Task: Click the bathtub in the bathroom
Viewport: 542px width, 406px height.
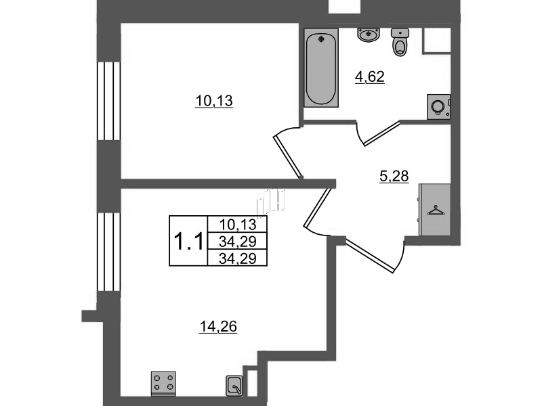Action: pos(321,68)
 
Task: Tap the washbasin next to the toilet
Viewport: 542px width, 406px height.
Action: pos(369,35)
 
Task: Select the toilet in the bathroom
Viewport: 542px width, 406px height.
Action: pos(400,42)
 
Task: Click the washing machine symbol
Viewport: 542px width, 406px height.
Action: pos(438,107)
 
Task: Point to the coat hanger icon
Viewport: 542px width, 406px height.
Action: pos(436,210)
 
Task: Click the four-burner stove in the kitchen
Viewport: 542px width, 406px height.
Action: pos(163,383)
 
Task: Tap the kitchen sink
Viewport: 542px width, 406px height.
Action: pos(234,385)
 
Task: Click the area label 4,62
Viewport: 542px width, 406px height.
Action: pos(369,77)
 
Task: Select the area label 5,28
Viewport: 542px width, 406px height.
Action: pos(394,177)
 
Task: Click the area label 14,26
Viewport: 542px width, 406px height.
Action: pos(218,326)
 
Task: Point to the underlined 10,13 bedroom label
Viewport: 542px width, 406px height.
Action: pos(214,101)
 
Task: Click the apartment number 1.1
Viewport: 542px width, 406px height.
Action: pos(189,241)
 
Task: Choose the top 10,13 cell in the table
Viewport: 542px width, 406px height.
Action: pos(238,225)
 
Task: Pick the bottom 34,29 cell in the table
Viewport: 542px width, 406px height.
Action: pos(238,258)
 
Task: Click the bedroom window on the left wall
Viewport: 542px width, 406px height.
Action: pos(109,101)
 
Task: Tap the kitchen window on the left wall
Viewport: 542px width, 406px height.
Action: pos(109,252)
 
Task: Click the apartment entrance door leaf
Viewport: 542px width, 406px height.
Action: pos(370,256)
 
